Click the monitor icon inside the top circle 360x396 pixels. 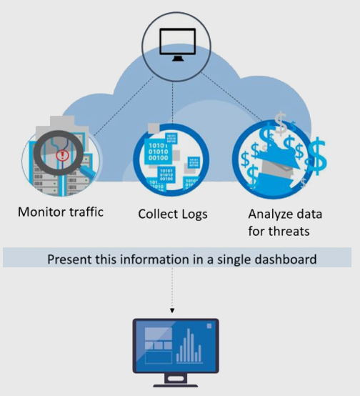point(178,45)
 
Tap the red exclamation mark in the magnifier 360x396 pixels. point(62,155)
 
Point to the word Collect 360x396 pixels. point(158,214)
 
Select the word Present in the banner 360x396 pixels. point(69,259)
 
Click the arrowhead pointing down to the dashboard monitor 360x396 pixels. point(172,310)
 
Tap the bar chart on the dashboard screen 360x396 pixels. point(189,346)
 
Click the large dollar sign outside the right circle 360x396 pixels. point(318,156)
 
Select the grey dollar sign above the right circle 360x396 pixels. point(281,124)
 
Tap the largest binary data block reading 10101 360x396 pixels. point(158,152)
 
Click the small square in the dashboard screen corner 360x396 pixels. point(209,326)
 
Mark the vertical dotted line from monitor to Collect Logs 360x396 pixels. point(173,103)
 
